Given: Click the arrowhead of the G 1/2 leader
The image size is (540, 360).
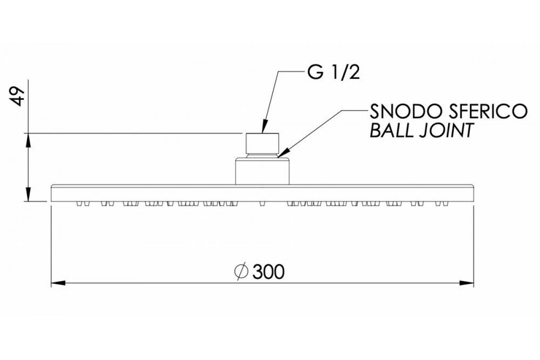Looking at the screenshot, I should [264, 129].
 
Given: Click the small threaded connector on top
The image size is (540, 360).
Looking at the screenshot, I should [262, 143].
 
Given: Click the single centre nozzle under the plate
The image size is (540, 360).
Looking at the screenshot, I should [262, 204].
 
